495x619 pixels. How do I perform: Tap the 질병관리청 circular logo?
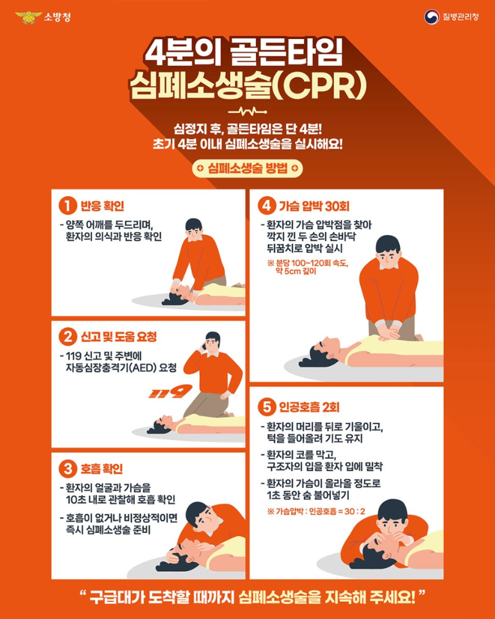[431, 17]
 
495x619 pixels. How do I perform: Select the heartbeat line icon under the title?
[247, 113]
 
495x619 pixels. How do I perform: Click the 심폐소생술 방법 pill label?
[247, 168]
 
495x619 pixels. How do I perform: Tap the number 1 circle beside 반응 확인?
[67, 206]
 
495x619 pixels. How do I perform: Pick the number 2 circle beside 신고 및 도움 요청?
[67, 337]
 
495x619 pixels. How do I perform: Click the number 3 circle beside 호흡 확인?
[67, 469]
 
